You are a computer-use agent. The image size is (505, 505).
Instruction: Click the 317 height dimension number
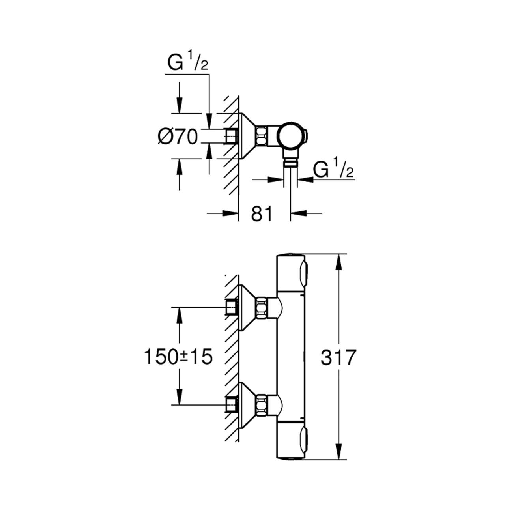coord(339,357)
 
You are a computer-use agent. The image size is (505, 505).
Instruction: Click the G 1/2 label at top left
coord(188,61)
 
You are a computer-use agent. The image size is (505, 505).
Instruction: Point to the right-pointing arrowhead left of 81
coord(230,213)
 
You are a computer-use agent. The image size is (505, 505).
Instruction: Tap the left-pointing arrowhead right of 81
coord(299,213)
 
